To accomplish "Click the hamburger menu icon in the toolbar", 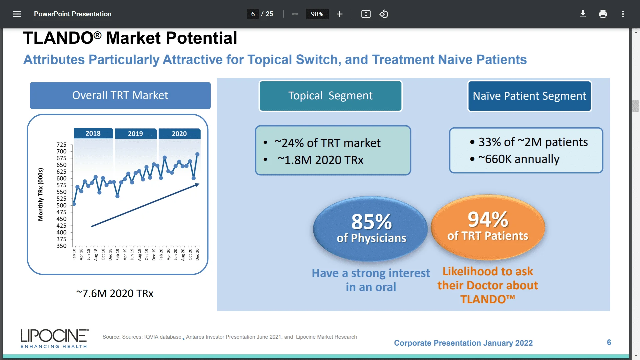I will coord(17,14).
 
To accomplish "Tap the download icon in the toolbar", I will coord(583,14).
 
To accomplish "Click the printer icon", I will coord(603,14).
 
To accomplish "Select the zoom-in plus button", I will coord(339,14).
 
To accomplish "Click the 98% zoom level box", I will coord(317,14).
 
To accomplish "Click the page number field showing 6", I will coord(253,14).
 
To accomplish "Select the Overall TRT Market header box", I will coord(120,95).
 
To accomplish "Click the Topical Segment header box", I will coord(330,96).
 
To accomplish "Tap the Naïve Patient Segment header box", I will coord(529,96).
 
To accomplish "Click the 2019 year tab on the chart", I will coord(135,134).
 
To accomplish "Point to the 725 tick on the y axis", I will coord(61,145).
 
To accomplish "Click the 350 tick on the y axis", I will coord(61,246).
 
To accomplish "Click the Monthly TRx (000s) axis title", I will coord(40,194).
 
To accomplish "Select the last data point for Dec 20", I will coord(197,154).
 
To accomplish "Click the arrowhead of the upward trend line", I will coord(197,185).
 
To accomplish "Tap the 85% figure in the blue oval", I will coord(371,222).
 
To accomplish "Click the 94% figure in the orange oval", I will coord(488,219).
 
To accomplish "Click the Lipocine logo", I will coord(55,338).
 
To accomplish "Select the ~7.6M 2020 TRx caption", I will coord(115,293).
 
